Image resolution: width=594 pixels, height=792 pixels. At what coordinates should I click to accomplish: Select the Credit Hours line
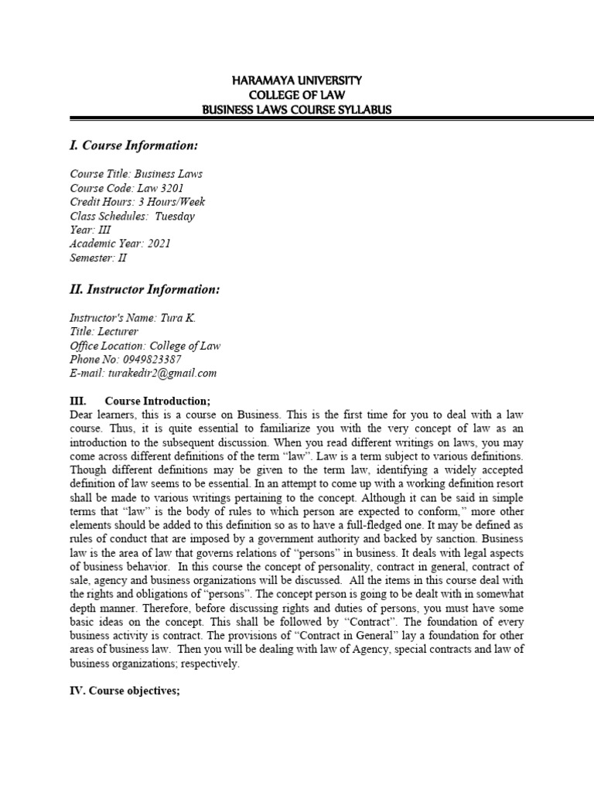pos(137,202)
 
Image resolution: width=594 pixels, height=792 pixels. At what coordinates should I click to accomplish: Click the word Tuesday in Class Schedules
pos(175,216)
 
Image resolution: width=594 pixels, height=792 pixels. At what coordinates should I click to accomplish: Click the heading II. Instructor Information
pos(145,289)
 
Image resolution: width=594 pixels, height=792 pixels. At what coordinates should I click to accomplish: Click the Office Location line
pos(145,346)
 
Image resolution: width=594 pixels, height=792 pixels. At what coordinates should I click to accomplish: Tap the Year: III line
pos(90,230)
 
